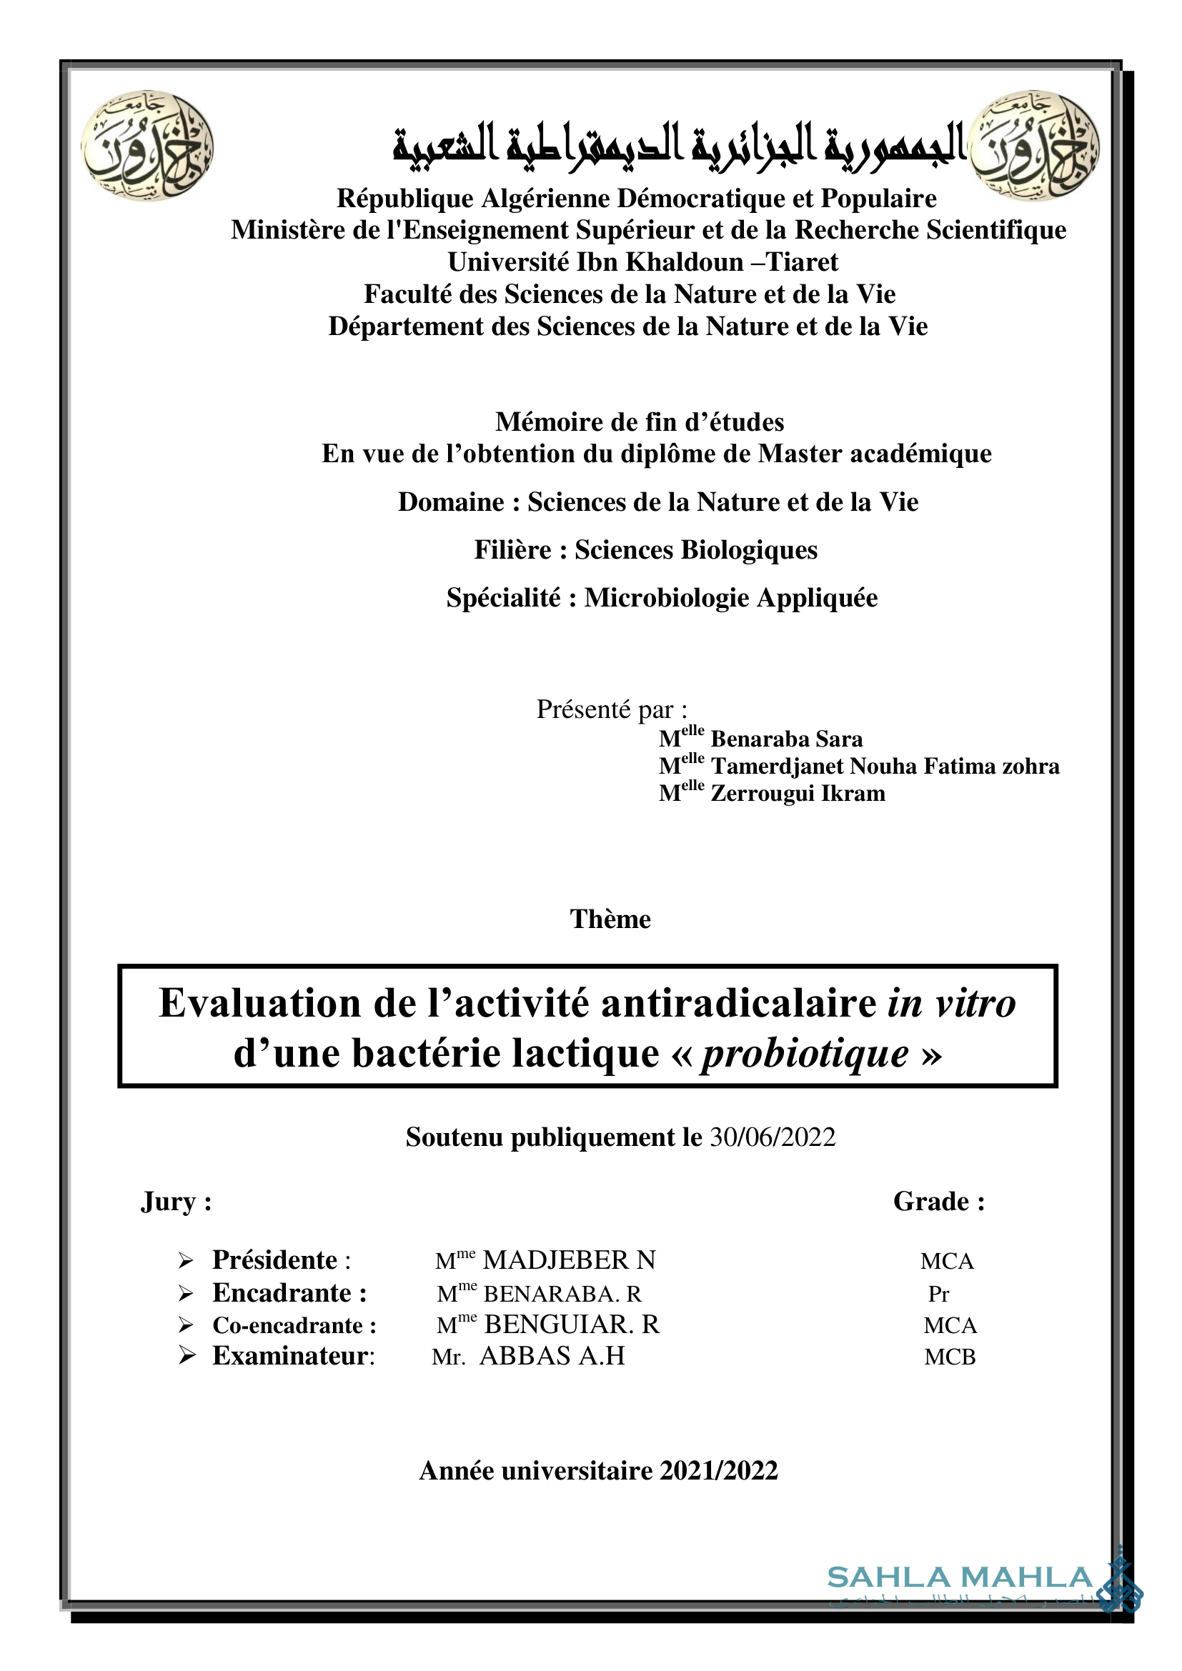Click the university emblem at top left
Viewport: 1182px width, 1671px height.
(x=147, y=146)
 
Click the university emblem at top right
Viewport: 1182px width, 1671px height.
(x=1034, y=146)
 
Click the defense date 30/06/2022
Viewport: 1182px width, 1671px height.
(x=773, y=1137)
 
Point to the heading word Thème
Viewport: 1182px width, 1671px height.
(x=610, y=919)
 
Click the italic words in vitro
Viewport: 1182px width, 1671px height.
(x=950, y=1004)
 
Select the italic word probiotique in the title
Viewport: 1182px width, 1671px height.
(x=804, y=1053)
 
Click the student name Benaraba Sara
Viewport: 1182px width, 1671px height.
(x=786, y=739)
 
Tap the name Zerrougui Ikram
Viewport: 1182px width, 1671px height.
(x=798, y=793)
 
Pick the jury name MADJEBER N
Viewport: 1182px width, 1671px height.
(x=569, y=1260)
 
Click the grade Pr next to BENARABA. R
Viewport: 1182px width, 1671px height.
(x=938, y=1293)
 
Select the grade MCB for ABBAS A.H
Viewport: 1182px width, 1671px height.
(x=949, y=1357)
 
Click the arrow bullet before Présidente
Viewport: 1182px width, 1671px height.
(x=187, y=1260)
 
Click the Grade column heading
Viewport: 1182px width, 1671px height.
(x=938, y=1202)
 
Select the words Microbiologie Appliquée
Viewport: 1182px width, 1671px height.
(x=731, y=598)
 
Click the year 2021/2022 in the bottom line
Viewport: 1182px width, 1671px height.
(x=718, y=1471)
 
